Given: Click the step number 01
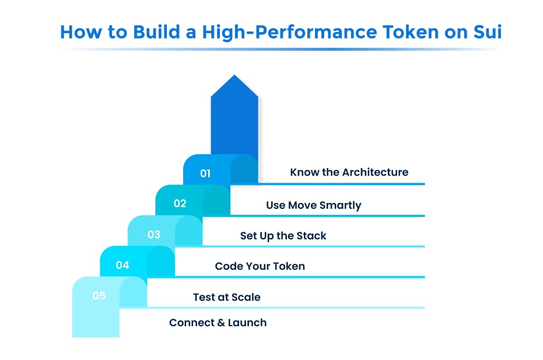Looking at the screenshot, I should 205,173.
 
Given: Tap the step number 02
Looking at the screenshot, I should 180,204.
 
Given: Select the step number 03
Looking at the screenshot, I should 153,235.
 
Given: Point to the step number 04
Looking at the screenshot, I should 122,265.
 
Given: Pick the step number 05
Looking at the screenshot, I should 99,296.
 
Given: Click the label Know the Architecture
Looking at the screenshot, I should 349,172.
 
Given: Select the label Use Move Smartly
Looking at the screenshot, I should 313,205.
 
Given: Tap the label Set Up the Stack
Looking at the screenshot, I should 283,236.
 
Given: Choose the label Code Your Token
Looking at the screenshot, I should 260,266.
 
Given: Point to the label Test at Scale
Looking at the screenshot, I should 226,297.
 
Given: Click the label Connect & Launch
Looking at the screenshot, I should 218,323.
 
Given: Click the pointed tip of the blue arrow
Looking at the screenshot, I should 234,76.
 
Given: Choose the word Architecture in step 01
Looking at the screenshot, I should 375,172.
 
